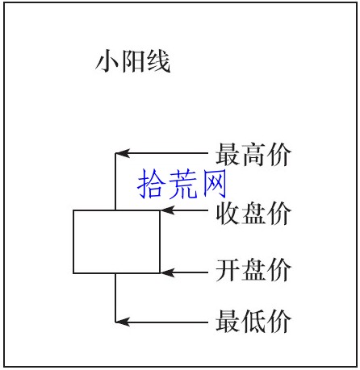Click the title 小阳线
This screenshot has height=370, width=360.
pos(133,61)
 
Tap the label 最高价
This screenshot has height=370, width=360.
pos(253,154)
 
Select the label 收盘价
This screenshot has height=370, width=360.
pos(253,213)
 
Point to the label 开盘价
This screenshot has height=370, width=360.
pos(253,270)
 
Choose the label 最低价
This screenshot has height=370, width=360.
pos(253,321)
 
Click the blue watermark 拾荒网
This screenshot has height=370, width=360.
pos(182,184)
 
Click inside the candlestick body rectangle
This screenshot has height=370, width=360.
pos(117,242)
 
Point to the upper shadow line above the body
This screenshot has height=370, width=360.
pos(115,181)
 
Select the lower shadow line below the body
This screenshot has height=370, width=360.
pos(115,297)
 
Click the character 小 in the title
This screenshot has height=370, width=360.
pos(107,61)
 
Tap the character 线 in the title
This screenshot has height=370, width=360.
pos(159,61)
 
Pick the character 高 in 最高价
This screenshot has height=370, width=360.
pos(253,154)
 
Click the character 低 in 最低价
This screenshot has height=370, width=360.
pos(253,321)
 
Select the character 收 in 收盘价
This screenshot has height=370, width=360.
pos(228,213)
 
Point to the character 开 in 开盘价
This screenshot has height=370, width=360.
pos(228,270)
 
